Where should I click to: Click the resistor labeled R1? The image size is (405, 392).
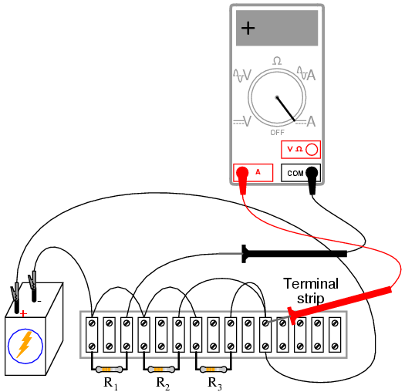(109, 370)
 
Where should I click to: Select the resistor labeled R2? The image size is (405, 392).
(161, 370)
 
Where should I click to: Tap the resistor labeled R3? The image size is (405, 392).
(213, 370)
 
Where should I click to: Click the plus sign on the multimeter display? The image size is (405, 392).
(248, 28)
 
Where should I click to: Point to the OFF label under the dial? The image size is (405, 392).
(277, 133)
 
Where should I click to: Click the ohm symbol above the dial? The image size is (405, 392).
(277, 61)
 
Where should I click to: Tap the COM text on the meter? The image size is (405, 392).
(295, 173)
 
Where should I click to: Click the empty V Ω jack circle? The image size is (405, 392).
(312, 150)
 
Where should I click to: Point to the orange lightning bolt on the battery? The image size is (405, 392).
(25, 345)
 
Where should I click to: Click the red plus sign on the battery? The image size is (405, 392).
(23, 314)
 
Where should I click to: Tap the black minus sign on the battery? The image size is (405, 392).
(39, 301)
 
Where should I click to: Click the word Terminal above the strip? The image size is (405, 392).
(311, 283)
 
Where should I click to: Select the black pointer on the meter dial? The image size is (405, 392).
(286, 109)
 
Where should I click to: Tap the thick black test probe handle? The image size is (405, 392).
(294, 254)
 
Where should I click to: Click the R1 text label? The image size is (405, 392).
(110, 384)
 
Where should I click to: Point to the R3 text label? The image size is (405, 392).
(214, 384)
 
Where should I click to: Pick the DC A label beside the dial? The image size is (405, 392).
(305, 121)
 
